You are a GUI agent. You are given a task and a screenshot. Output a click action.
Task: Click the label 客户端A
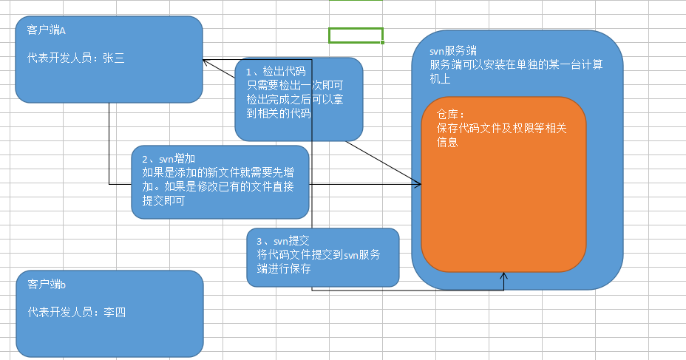46,30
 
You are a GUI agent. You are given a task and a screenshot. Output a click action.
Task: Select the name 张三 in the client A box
113,58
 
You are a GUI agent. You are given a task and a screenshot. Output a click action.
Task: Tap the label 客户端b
47,285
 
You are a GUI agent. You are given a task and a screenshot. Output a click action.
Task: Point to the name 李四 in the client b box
114,312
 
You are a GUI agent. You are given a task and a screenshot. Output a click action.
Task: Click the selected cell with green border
356,35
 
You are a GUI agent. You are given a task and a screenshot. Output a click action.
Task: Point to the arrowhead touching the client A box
208,62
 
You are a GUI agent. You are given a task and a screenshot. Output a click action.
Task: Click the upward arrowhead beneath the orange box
503,276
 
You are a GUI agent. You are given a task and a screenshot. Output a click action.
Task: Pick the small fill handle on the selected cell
383,43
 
